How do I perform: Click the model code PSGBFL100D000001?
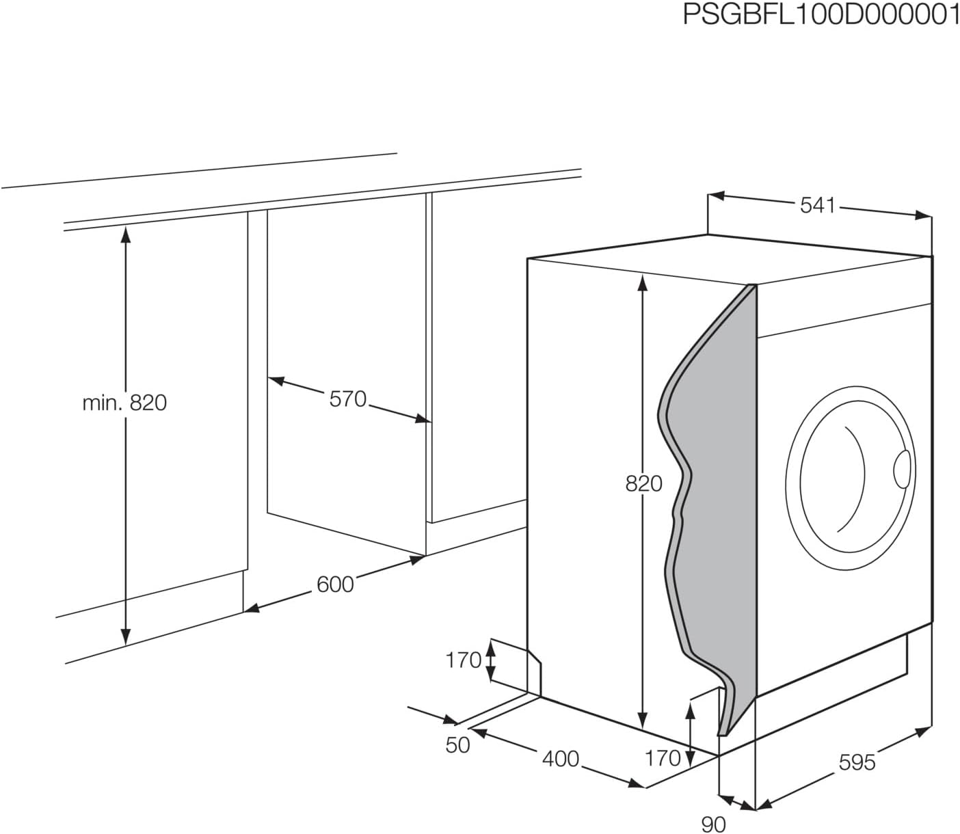pos(821,14)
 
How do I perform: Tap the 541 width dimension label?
pos(818,205)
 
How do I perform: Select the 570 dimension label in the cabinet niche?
pos(348,399)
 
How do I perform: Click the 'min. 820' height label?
pos(124,403)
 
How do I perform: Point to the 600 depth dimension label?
pos(335,584)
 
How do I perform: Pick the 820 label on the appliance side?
pos(643,483)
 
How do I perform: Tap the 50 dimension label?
pos(457,745)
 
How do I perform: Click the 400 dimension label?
pos(560,759)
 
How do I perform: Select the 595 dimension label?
pos(856,762)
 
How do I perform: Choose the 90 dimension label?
pos(713,824)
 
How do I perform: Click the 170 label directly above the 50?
pos(464,660)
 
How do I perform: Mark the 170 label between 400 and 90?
pos(663,757)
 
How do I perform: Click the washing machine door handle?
pos(903,470)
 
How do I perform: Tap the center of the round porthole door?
pos(848,472)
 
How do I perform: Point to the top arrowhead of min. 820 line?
pos(125,233)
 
